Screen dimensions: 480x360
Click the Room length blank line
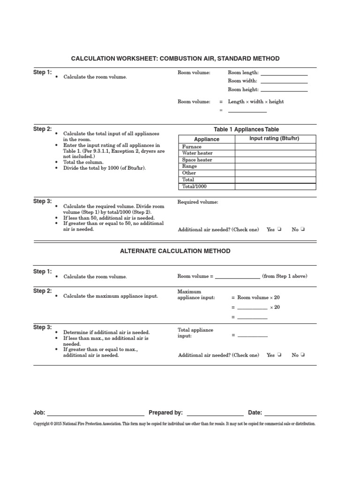tap(284, 74)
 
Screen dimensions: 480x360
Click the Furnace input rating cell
tap(275, 147)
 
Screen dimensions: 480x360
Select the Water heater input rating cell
tap(275, 153)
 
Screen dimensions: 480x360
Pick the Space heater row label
tap(197, 160)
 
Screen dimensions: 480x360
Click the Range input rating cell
tap(275, 166)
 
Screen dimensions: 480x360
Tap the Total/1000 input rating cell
tap(275, 187)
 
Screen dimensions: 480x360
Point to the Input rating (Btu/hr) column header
tap(275, 139)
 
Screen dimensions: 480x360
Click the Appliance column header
tap(207, 139)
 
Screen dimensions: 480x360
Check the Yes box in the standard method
tap(278, 230)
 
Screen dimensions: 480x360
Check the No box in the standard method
tap(303, 230)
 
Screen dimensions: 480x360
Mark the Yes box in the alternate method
tap(278, 355)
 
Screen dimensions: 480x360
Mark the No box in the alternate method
tap(303, 355)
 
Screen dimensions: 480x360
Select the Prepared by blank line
tap(215, 414)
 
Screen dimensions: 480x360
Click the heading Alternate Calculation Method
tap(175, 251)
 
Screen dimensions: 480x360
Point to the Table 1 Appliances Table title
tap(246, 129)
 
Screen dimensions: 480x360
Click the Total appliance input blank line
tap(253, 336)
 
